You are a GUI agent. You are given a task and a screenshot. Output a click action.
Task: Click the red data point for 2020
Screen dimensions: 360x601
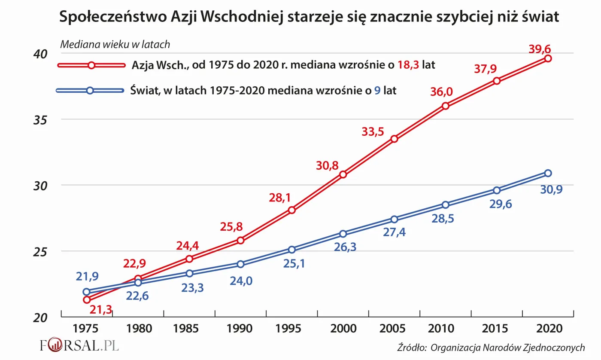[548, 58]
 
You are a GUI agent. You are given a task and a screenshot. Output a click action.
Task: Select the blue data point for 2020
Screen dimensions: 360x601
[548, 173]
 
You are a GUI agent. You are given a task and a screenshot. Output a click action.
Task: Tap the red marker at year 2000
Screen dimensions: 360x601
[343, 174]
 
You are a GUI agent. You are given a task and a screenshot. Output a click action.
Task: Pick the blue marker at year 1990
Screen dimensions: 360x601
[240, 264]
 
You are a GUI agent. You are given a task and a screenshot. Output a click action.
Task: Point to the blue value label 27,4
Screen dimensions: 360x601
[395, 232]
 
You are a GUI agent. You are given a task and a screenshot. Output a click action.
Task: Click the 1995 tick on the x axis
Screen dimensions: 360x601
[292, 329]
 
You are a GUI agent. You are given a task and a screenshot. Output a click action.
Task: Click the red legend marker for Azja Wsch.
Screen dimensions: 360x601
[91, 65]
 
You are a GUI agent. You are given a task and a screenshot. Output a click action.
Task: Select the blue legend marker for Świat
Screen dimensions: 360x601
[90, 91]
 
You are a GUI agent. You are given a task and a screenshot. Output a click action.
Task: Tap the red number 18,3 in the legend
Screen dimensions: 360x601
[409, 65]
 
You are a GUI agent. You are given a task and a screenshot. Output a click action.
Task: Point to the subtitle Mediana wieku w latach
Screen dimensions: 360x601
[115, 44]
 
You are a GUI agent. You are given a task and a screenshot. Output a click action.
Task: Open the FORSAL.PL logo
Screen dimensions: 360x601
[79, 345]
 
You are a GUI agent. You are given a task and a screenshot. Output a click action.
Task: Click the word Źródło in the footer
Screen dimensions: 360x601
[411, 347]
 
